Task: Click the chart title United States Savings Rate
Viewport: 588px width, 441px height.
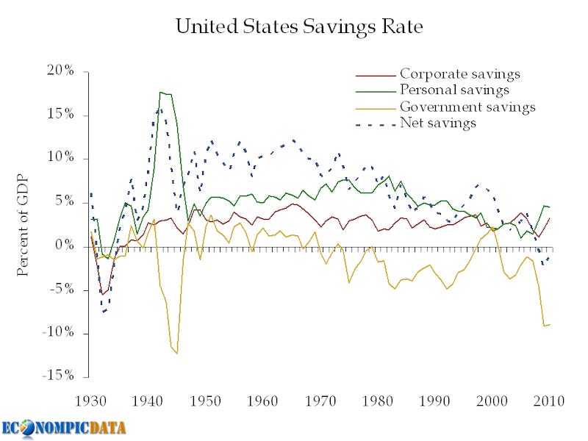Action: [299, 28]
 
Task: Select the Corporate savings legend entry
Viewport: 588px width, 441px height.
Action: [460, 74]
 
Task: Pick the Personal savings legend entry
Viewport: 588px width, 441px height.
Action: [454, 90]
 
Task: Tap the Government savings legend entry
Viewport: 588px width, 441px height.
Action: [467, 107]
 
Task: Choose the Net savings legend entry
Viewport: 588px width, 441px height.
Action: [438, 123]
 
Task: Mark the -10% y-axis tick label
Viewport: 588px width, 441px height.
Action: [58, 333]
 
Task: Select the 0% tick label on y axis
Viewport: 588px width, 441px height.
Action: [64, 246]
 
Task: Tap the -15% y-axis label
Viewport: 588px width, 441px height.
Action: [58, 376]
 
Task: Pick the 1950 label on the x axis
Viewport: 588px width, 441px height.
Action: [206, 401]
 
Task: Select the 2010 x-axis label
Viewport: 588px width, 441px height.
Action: [548, 401]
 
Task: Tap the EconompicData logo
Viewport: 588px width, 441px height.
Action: [63, 428]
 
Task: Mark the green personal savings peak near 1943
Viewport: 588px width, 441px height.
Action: [161, 93]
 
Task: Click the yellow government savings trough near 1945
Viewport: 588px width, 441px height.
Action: [177, 354]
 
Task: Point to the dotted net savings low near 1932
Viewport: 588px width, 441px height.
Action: [104, 312]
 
